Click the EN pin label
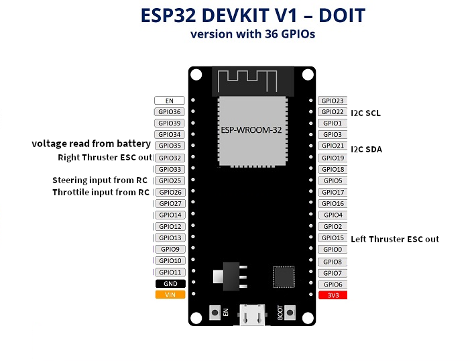169,101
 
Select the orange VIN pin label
169,295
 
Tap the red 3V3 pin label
333,295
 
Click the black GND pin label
169,283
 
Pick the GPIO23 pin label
333,101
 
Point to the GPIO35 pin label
169,146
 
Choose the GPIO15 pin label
333,238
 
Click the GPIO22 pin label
333,112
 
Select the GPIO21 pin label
333,146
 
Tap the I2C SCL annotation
365,113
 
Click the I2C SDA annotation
366,149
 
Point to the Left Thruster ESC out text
395,239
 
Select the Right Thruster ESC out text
105,158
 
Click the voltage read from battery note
91,144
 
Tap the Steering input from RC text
101,180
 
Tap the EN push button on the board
216,311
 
